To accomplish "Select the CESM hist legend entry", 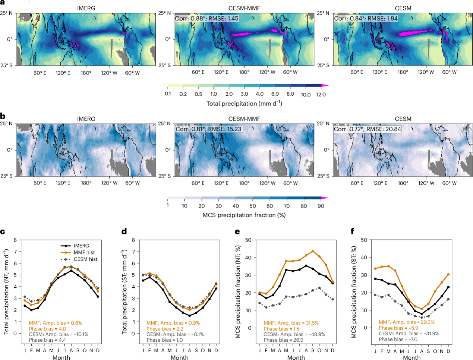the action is [79, 259].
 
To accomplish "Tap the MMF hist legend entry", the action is [78, 253].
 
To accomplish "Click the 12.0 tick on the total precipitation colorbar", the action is [321, 94].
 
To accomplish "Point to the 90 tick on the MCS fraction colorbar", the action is [321, 206].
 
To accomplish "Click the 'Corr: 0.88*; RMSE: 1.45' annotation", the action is [207, 19].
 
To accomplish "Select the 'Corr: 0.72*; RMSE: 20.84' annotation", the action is [368, 129].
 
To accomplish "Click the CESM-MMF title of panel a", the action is [244, 8].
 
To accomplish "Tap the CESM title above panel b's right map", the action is [403, 119].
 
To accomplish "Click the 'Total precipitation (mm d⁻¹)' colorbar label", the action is [245, 104].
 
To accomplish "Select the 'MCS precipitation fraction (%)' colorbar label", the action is [244, 215].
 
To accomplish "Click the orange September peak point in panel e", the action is [313, 251].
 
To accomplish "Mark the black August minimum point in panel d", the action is [189, 316].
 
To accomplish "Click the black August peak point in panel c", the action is [71, 271].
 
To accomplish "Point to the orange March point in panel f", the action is [388, 266].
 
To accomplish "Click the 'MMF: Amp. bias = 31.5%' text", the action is [291, 323].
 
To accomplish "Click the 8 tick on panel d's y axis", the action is [133, 240].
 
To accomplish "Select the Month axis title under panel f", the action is [411, 358].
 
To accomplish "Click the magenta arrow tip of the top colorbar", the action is [328, 86].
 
